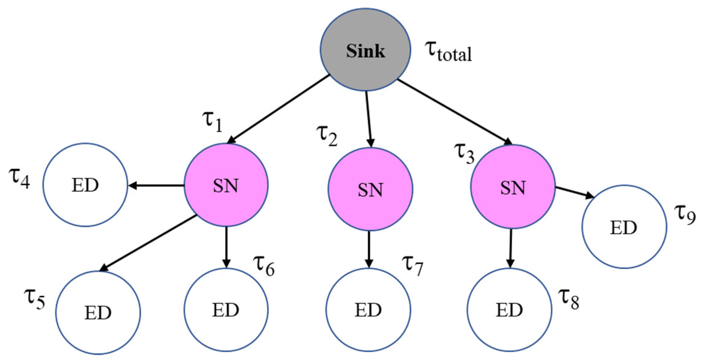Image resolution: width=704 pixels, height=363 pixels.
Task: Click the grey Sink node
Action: click(x=365, y=50)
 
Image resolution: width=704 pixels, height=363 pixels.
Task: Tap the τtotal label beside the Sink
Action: click(x=449, y=52)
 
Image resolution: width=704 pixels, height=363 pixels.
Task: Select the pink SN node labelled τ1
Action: click(x=226, y=185)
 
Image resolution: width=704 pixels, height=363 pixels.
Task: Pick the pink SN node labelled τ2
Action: click(x=370, y=189)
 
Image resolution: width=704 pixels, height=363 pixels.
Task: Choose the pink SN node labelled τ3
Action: click(x=513, y=187)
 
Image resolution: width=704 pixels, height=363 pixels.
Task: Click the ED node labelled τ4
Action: click(x=85, y=185)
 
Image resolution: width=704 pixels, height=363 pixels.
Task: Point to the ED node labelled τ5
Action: click(x=98, y=313)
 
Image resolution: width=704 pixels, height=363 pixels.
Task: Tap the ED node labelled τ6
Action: click(x=226, y=310)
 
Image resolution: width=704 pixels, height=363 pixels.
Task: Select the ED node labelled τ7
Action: click(x=368, y=310)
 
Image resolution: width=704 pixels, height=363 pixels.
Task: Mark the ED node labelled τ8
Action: click(x=509, y=310)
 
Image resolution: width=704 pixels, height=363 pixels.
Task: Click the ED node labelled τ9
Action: click(x=624, y=227)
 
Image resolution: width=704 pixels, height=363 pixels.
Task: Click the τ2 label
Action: click(x=327, y=135)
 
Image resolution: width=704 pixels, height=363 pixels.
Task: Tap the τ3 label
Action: click(x=464, y=153)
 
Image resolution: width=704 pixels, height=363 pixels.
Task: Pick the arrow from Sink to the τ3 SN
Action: click(x=455, y=112)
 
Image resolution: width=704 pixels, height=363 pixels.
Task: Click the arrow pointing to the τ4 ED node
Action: click(x=156, y=185)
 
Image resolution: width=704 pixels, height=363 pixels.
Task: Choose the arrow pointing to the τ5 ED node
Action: click(x=149, y=243)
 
